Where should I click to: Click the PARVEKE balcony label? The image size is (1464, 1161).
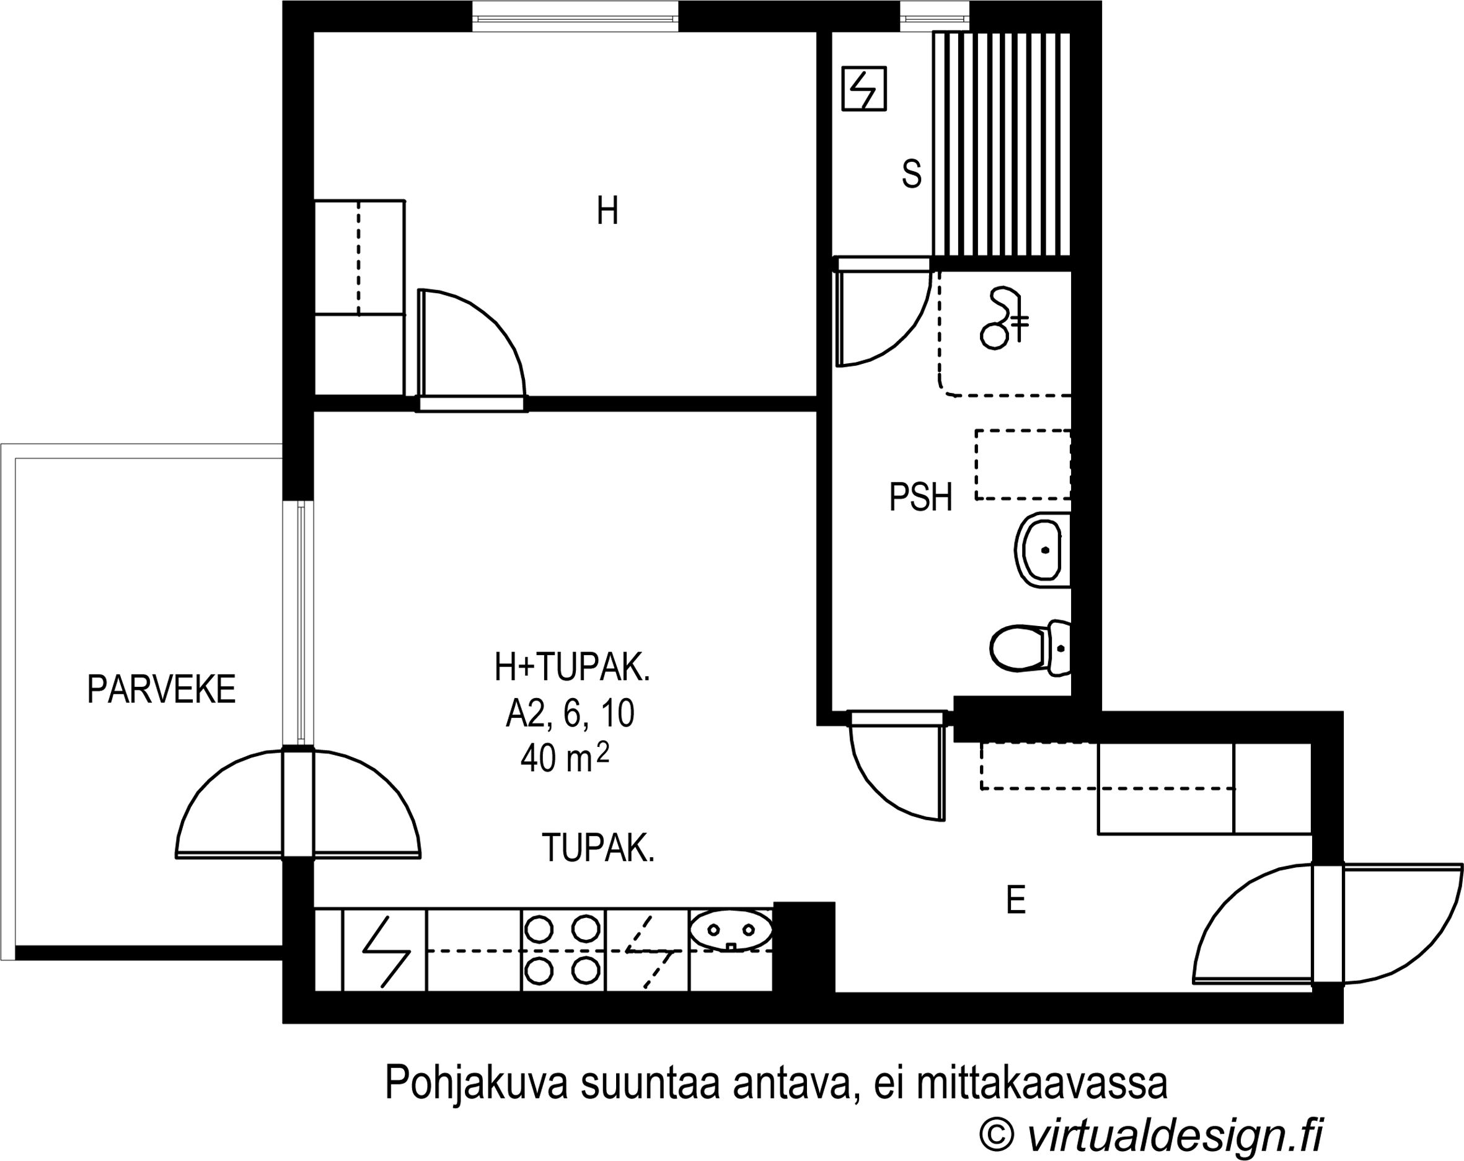click(161, 689)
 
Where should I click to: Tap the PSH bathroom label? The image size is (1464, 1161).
click(921, 497)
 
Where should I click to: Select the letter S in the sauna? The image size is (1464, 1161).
click(911, 174)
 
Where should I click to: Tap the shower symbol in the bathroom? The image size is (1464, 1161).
click(1003, 319)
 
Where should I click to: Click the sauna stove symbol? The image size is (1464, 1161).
click(864, 88)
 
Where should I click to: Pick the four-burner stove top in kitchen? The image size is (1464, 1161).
click(563, 950)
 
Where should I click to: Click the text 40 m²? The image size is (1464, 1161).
click(564, 757)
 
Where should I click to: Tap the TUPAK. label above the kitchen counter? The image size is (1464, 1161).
click(598, 848)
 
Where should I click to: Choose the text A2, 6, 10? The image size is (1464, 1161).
click(570, 713)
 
